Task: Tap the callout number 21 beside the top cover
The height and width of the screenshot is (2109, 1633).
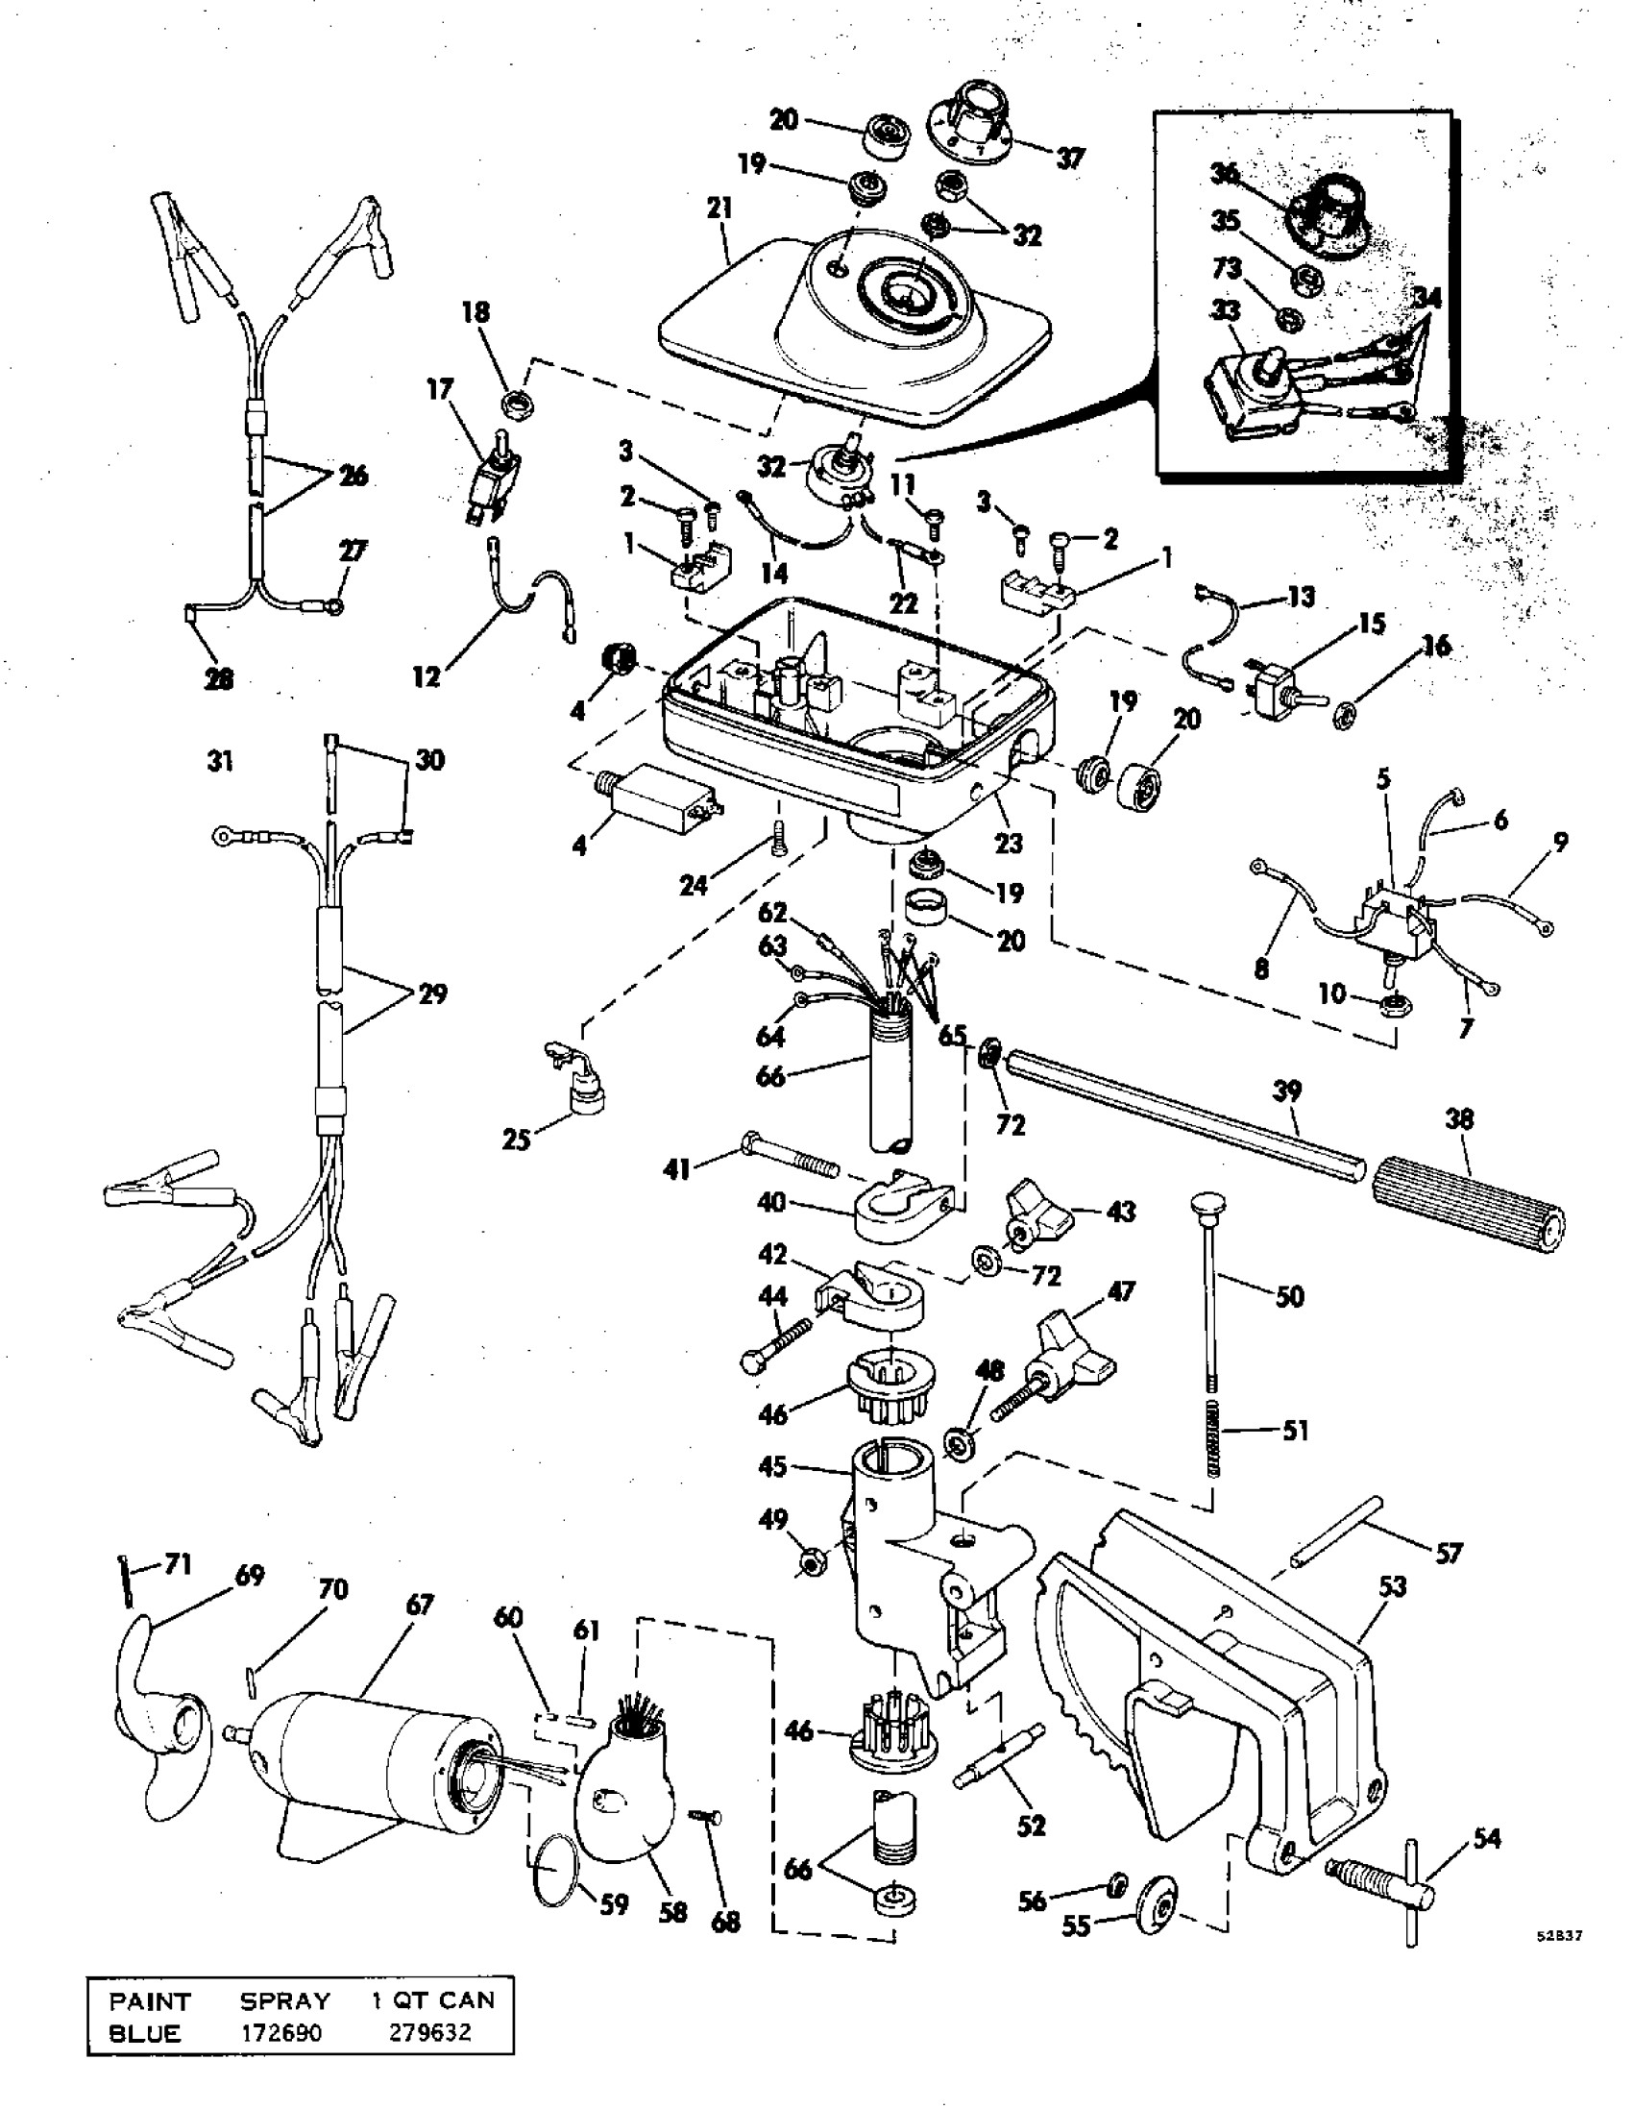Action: [x=719, y=208]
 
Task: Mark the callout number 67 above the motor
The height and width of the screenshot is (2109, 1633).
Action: [x=420, y=1605]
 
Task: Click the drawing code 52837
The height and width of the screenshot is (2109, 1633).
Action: [x=1560, y=1934]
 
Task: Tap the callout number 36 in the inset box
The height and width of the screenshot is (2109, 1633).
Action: [x=1225, y=174]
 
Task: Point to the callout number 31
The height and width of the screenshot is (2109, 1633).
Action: [x=221, y=762]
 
